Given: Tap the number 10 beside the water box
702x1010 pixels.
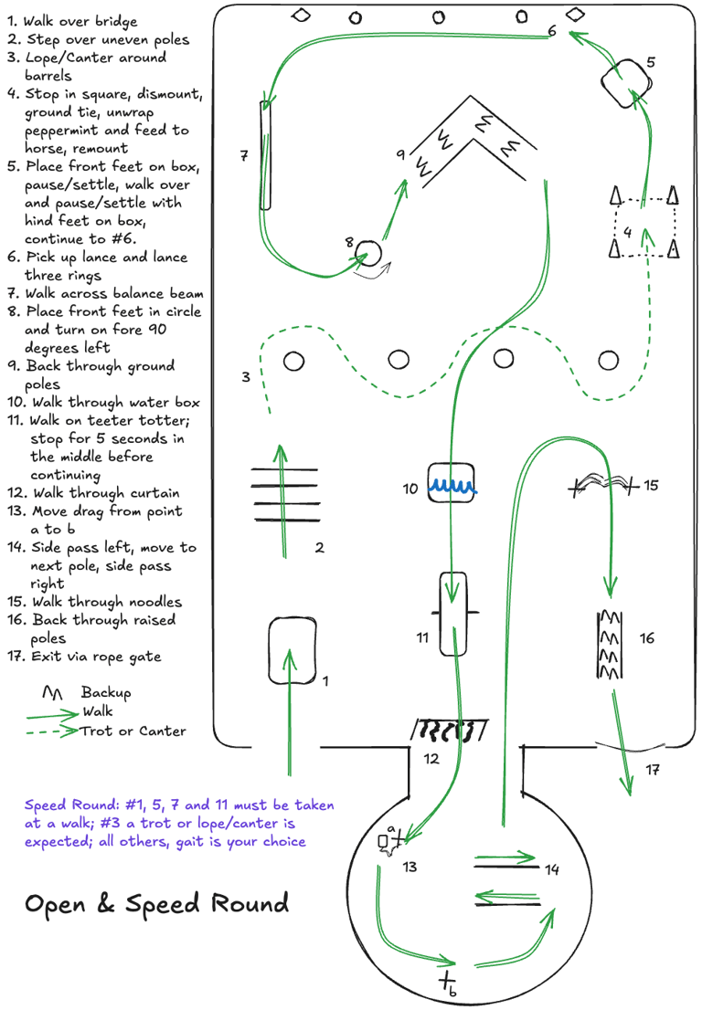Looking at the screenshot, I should click(410, 489).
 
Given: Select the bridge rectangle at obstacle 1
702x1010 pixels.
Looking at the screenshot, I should click(292, 651).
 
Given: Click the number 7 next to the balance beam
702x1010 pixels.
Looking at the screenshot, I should click(244, 156).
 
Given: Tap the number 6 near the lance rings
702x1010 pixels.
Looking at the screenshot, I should click(552, 31).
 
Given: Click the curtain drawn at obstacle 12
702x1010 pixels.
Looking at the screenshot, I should click(449, 730).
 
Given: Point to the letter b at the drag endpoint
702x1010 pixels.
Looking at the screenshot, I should click(452, 992).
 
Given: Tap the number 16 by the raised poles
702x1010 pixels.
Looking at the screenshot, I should click(647, 638).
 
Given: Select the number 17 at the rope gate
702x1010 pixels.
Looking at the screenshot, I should click(653, 771).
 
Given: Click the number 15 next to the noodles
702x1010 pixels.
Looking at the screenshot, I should click(651, 485).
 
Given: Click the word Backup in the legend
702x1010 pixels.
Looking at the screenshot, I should click(106, 692).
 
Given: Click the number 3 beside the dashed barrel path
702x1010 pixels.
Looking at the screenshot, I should click(246, 376).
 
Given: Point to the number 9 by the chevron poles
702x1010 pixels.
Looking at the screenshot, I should click(400, 155).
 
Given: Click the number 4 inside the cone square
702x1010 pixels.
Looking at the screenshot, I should click(627, 232).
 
